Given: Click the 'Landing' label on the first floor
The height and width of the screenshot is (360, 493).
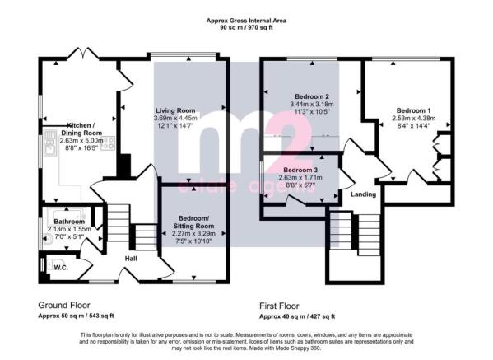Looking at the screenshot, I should [364, 194].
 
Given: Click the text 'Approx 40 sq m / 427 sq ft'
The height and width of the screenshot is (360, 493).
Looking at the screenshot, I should [297, 316].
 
